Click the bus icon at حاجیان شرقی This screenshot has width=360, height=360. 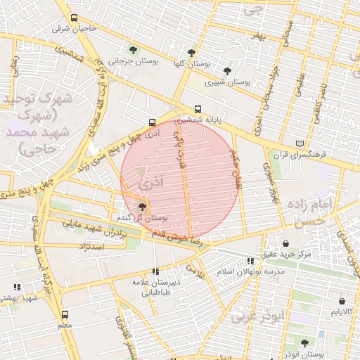pos(75,18)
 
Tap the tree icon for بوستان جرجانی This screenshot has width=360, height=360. pos(133,50)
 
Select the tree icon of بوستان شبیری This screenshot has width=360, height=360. pos(226,70)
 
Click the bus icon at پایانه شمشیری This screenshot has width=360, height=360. pos(198,109)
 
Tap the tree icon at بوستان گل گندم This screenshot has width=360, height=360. pos(143,207)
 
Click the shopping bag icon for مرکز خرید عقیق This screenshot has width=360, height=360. pos(285,243)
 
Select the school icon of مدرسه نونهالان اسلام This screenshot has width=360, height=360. pos(250,261)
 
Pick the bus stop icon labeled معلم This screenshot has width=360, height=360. pos(65,314)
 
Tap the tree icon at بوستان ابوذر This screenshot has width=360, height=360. pos(304,343)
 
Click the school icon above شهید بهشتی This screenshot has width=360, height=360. pos(17,287)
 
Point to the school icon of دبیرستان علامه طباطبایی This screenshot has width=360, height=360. pos(155,271)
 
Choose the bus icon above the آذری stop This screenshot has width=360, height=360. pos(153,122)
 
